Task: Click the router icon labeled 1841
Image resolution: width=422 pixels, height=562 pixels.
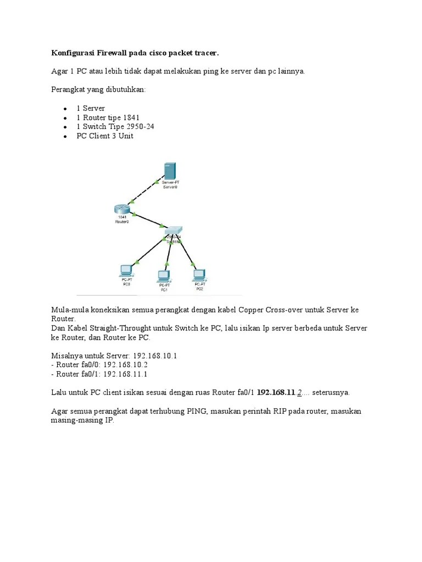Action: tap(121, 209)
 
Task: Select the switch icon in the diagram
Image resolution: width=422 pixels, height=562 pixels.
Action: tap(174, 231)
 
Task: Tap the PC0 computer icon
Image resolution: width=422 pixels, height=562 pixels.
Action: tap(126, 270)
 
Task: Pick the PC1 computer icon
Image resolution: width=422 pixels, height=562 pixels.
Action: tap(164, 275)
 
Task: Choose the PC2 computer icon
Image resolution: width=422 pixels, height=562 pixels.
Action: tap(198, 273)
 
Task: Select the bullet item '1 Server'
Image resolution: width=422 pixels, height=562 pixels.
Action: tap(90, 108)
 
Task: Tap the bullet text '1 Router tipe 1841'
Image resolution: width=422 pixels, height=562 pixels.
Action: tap(108, 117)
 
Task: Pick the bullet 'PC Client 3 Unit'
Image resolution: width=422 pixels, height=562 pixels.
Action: tap(104, 136)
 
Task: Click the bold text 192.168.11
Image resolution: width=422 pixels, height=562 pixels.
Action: tap(276, 393)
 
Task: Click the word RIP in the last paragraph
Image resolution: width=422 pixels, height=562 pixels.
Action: tap(281, 412)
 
